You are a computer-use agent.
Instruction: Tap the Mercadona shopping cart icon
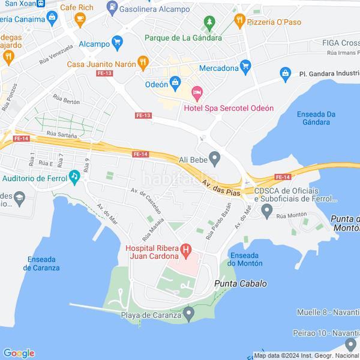[x=245, y=67]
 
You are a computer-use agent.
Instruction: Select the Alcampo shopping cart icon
[x=117, y=42]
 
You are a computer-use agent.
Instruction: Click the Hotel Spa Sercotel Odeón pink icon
[x=197, y=93]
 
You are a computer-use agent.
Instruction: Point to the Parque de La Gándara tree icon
[x=209, y=24]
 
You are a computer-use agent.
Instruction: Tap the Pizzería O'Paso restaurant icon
[x=240, y=20]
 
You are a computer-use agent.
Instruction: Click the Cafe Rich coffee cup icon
[x=80, y=20]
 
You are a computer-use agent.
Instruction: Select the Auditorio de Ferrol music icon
[x=74, y=176]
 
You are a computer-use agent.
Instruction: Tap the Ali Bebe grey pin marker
[x=214, y=159]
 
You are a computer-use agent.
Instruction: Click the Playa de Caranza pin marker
[x=189, y=313]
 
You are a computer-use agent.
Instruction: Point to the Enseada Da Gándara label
[x=316, y=118]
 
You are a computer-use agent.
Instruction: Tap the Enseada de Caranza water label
[x=41, y=263]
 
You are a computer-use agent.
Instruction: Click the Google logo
[x=19, y=353]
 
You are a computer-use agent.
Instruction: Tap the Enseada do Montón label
[x=246, y=259]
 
